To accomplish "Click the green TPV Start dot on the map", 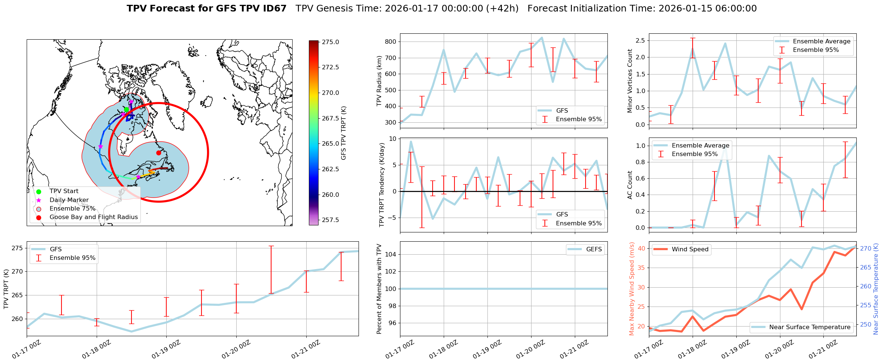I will [x=126, y=109].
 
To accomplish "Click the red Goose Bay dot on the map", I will [x=159, y=153].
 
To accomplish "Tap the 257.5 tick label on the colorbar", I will [x=330, y=220].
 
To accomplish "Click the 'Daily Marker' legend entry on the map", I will [x=69, y=200].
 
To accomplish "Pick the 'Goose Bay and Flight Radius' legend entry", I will [x=93, y=217].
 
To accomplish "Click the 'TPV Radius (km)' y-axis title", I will [x=379, y=81].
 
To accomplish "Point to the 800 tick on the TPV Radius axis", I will [x=391, y=42].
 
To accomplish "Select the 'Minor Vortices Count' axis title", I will [x=630, y=81].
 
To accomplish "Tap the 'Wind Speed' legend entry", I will [x=690, y=249].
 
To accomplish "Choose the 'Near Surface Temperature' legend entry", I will [x=810, y=327].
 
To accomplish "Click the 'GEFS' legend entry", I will [x=594, y=249].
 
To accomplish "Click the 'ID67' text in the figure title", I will [x=274, y=9].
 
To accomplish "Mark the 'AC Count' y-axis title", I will [x=630, y=185].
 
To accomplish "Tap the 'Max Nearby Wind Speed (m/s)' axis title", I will [x=632, y=289].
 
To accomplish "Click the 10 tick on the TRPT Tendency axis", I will [x=393, y=139].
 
